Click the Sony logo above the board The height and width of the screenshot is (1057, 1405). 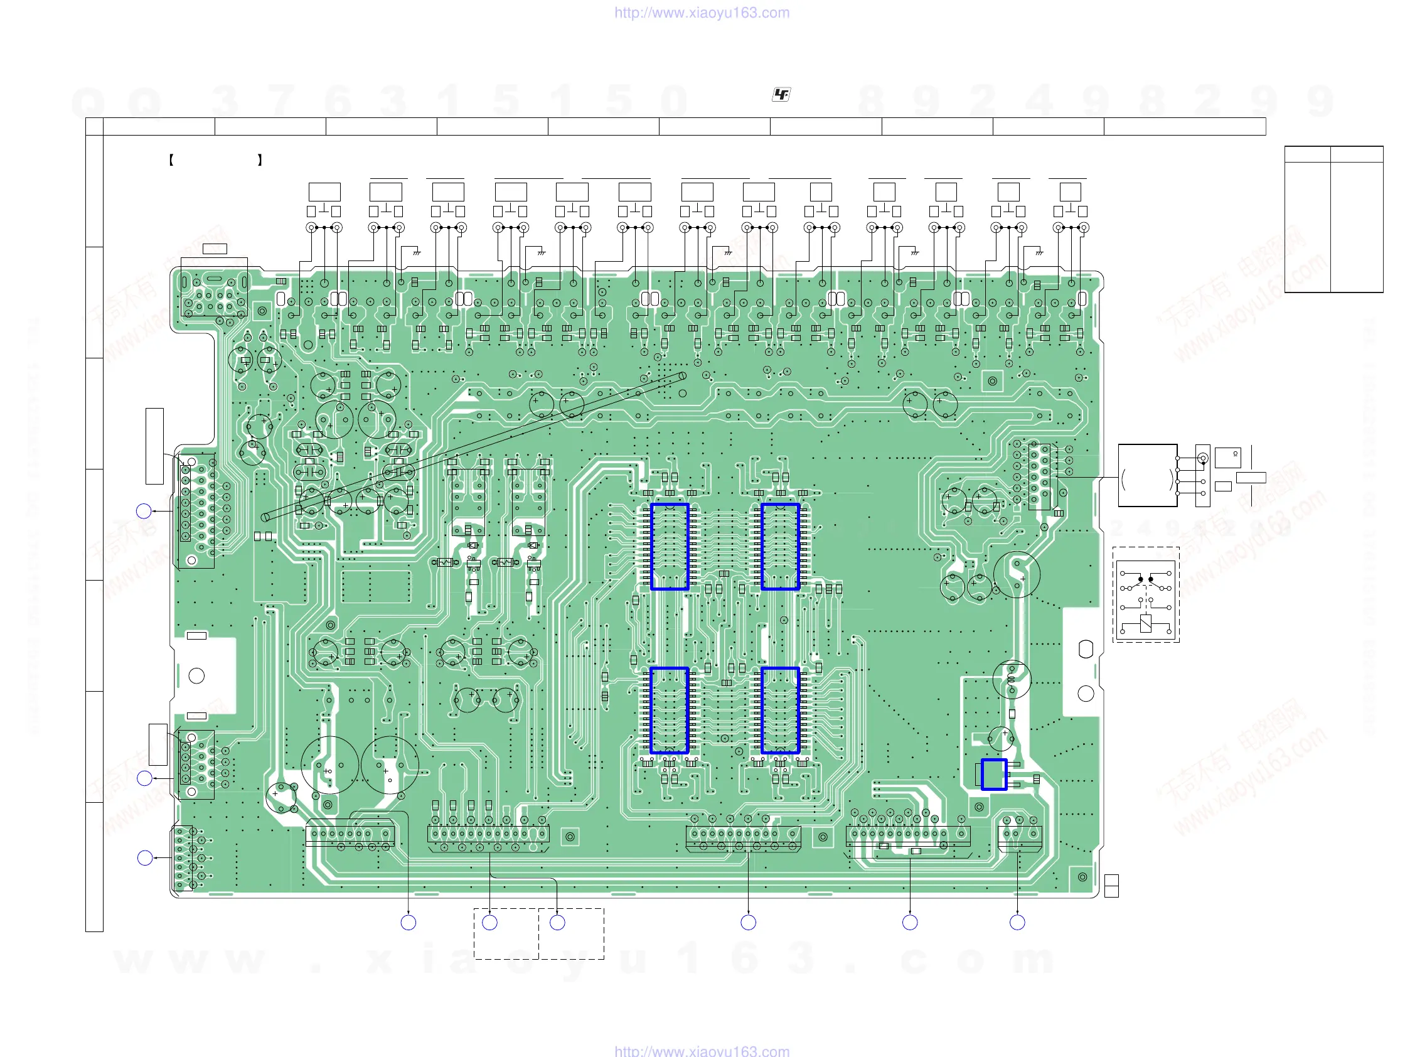coord(781,95)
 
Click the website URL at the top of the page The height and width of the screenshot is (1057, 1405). coord(702,13)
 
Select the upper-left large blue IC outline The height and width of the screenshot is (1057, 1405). coord(670,547)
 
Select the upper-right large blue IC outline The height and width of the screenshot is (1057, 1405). coord(780,547)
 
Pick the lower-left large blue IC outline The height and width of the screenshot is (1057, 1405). coord(670,710)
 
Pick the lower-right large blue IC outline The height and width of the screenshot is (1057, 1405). coord(780,710)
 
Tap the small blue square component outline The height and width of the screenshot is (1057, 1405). coord(994,775)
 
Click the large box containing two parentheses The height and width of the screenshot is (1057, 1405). coord(1147,475)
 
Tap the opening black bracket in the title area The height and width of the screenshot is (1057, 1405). coord(171,160)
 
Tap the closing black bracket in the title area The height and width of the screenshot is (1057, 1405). coord(260,160)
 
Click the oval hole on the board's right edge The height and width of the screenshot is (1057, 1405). coord(1086,648)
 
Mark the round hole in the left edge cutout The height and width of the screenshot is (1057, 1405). coord(197,676)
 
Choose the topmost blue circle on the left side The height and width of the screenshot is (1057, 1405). coord(144,511)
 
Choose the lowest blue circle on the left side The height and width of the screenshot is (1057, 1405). coord(145,858)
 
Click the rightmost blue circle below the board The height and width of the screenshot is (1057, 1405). coord(1017,922)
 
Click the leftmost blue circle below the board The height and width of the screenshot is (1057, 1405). coord(409,922)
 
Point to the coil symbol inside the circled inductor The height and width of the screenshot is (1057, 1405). coord(1011,679)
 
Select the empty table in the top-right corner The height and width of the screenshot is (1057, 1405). coord(1333,219)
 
